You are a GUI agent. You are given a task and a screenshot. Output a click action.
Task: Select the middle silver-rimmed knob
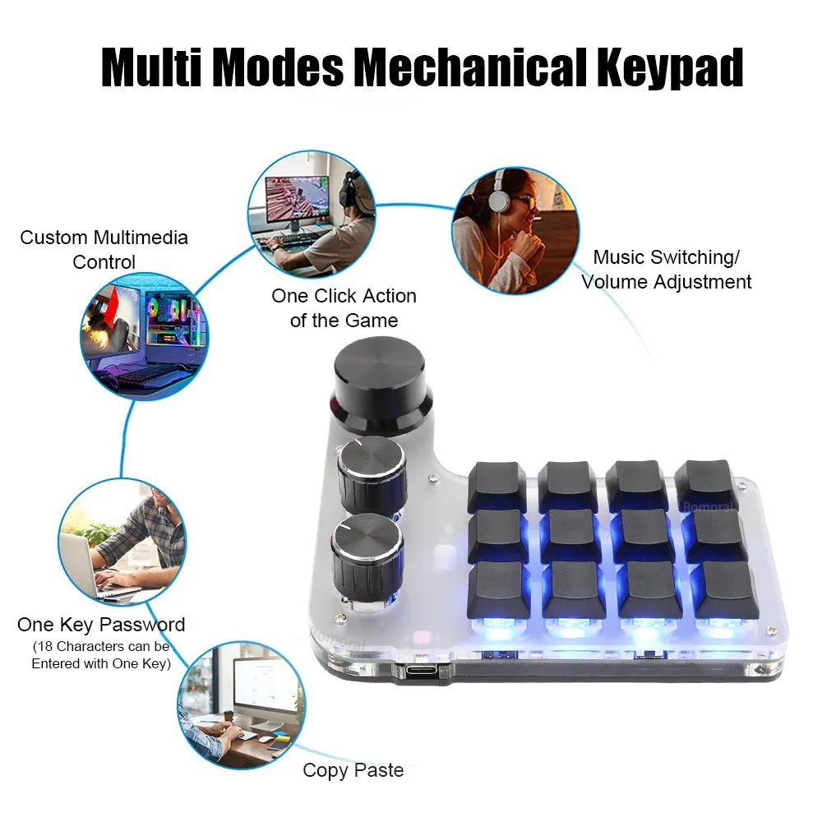coord(372,474)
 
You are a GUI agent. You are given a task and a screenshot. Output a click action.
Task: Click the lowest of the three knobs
coord(367,555)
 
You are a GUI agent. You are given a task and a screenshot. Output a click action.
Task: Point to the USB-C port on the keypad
coord(427,670)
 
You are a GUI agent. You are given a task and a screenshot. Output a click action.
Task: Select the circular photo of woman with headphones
coord(515,229)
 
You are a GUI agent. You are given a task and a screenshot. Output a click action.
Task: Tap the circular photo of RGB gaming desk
coord(144,336)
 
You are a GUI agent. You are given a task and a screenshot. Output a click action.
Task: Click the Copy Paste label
coord(353,770)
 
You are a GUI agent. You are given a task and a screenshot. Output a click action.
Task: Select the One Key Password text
coord(101,625)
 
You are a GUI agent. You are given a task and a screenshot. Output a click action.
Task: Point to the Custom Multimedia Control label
coord(104,250)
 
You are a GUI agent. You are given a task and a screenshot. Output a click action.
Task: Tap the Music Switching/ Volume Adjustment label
coord(667,270)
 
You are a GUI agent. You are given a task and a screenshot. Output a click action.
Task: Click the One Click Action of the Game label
coord(344,307)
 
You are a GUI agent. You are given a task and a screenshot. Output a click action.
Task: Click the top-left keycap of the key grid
coord(497,485)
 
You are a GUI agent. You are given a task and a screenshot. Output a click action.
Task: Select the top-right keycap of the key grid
coord(706,483)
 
